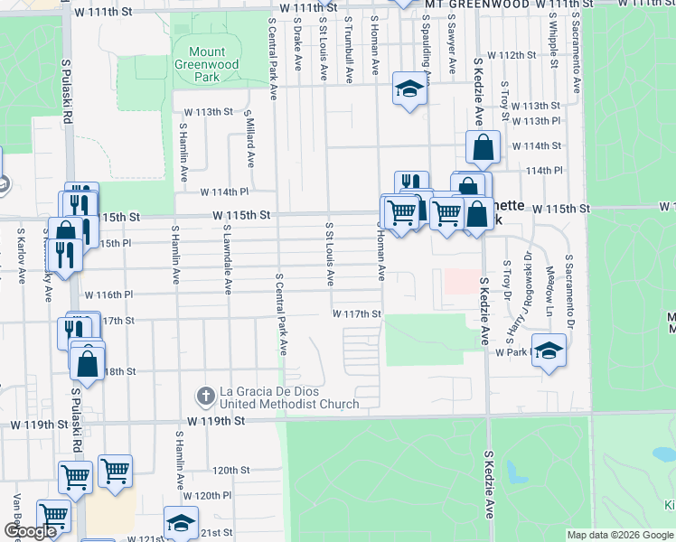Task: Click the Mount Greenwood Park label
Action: (x=207, y=65)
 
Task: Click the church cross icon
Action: (x=206, y=396)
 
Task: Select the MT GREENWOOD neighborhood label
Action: (x=477, y=5)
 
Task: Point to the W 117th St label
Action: (x=358, y=313)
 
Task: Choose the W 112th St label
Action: (x=511, y=55)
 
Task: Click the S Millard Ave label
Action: (x=249, y=137)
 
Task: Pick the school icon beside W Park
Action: (x=549, y=350)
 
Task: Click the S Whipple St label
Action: (x=551, y=41)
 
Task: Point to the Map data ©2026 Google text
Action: (x=620, y=535)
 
